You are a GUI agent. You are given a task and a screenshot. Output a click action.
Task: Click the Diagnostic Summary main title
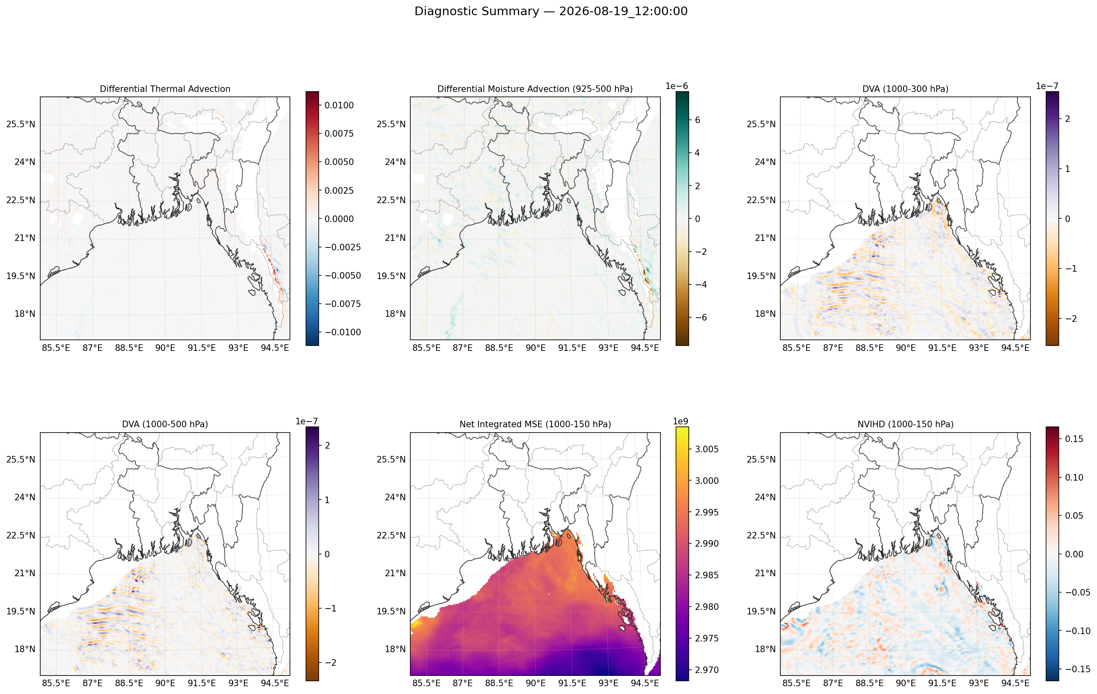[551, 11]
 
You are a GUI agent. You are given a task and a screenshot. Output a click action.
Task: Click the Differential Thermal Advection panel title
[165, 89]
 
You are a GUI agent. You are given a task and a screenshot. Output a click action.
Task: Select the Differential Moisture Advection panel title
[535, 89]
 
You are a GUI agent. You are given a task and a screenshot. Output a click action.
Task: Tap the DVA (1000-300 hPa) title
[905, 89]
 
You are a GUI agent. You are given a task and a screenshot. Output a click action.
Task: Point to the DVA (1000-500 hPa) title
[165, 424]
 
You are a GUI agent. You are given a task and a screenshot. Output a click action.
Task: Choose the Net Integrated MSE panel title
[535, 424]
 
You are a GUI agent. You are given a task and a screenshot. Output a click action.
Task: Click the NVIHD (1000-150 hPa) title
[905, 424]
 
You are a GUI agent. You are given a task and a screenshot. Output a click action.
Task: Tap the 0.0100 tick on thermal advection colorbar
[339, 105]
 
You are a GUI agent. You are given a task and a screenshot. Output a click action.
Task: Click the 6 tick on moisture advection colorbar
[697, 120]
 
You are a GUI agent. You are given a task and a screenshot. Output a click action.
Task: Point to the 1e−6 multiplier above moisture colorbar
[676, 87]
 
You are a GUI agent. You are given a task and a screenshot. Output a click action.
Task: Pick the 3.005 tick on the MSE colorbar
[706, 449]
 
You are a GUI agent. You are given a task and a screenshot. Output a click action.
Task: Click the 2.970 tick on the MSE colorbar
[706, 670]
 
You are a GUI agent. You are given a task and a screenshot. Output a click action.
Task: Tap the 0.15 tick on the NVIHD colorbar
[1074, 439]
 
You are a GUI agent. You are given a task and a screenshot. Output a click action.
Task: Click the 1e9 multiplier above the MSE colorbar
[681, 421]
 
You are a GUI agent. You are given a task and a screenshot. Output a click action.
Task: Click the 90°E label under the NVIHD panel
[905, 683]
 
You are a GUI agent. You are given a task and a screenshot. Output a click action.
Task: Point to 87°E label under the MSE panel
[462, 683]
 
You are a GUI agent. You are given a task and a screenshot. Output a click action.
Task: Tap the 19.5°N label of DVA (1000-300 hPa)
[761, 276]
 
